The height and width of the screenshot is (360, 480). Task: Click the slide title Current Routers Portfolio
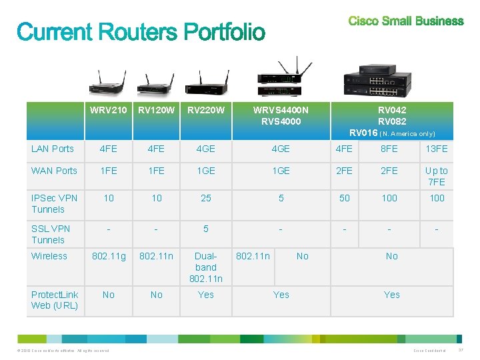click(141, 32)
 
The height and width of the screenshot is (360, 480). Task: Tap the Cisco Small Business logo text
click(405, 21)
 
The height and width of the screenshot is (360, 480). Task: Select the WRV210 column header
click(109, 110)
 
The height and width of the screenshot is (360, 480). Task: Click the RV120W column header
click(157, 110)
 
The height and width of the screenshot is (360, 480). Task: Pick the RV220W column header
click(206, 110)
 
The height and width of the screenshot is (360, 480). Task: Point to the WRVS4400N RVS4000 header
click(281, 115)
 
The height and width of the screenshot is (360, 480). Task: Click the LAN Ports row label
click(53, 149)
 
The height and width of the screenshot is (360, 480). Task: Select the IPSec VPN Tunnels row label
click(55, 203)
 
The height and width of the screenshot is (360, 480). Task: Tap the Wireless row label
click(49, 256)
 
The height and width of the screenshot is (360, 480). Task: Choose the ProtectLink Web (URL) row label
click(55, 300)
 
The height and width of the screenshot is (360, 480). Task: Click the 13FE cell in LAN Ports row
click(437, 149)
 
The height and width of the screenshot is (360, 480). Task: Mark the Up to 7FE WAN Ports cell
click(437, 176)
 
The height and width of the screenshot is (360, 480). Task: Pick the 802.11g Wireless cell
click(109, 256)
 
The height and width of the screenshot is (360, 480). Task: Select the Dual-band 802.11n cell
click(206, 267)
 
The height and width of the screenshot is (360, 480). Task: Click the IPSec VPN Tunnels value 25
click(206, 198)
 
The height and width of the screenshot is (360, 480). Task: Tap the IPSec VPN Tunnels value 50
click(345, 198)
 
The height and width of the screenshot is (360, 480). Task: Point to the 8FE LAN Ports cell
click(389, 149)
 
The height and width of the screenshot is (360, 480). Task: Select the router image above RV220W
click(206, 83)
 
